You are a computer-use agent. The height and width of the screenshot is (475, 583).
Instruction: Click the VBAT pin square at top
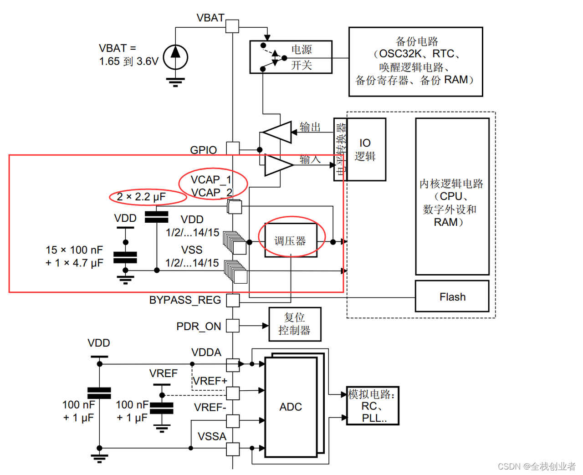[232, 26]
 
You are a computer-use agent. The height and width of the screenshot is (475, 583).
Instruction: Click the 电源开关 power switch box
[291, 57]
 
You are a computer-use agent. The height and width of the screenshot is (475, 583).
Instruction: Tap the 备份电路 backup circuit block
[415, 61]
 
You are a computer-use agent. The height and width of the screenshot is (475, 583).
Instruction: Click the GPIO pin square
[233, 148]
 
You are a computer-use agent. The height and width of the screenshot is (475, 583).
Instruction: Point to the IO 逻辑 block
[366, 150]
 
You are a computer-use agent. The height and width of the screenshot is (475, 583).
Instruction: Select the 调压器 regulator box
[291, 240]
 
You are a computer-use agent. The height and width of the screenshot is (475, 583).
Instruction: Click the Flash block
[452, 296]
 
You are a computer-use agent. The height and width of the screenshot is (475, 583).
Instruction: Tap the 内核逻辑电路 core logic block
[452, 197]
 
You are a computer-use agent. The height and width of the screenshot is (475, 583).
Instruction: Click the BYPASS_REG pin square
[233, 300]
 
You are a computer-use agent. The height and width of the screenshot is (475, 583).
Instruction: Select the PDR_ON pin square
[233, 326]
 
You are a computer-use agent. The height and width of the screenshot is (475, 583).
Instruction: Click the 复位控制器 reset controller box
[295, 324]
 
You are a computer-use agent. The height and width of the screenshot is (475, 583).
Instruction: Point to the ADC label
[291, 407]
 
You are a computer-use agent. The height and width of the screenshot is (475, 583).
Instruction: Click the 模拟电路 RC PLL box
[372, 406]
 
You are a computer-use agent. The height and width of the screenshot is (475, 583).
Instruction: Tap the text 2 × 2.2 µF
[141, 197]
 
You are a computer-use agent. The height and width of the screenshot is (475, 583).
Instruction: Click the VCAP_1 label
[211, 179]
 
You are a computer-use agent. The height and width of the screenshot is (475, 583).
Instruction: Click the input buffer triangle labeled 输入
[278, 165]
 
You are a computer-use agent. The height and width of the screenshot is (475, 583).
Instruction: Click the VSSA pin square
[233, 449]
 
